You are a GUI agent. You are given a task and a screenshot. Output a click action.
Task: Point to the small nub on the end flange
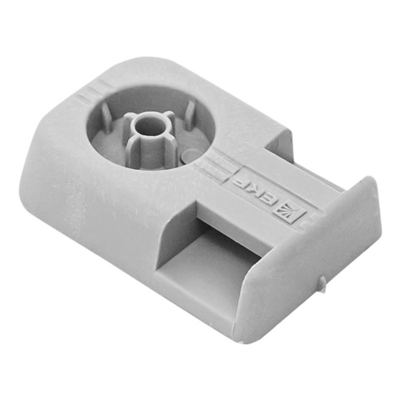pyautogui.click(x=322, y=283)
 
